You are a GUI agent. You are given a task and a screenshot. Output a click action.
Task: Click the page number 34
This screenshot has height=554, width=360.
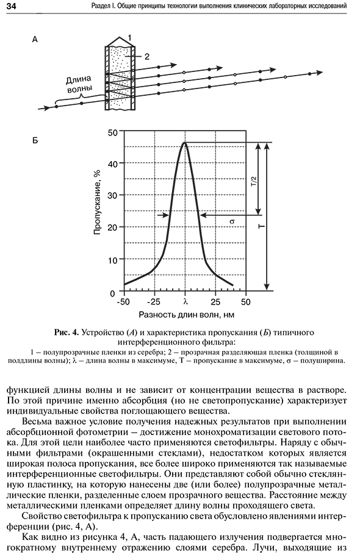pyautogui.click(x=8, y=5)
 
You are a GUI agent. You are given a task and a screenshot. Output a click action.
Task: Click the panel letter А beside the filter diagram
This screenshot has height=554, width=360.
pyautogui.click(x=35, y=40)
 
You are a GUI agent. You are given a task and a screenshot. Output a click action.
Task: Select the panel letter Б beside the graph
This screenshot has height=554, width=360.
pyautogui.click(x=35, y=140)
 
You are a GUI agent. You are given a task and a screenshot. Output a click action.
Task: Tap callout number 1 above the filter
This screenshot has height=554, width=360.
pyautogui.click(x=129, y=37)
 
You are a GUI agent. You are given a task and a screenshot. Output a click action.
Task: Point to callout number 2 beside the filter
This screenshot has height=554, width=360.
pyautogui.click(x=147, y=57)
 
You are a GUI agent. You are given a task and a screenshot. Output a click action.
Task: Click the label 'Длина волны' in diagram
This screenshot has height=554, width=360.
pyautogui.click(x=79, y=83)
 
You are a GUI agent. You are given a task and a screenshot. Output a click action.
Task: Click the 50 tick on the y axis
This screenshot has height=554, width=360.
pyautogui.click(x=112, y=132)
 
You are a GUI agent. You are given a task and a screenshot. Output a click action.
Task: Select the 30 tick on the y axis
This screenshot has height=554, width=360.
pyautogui.click(x=112, y=195)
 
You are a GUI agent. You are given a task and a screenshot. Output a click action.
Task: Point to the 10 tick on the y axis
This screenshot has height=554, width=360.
pyautogui.click(x=112, y=261)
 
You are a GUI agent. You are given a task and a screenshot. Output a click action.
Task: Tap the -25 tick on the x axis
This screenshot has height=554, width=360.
pyautogui.click(x=153, y=302)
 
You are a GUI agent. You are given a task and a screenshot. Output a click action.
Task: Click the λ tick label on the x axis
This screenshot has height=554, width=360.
pyautogui.click(x=185, y=302)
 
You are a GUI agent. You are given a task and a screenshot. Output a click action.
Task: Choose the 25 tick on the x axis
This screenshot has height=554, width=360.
pyautogui.click(x=215, y=302)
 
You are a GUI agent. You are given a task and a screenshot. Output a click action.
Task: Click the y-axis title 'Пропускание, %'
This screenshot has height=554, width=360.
pyautogui.click(x=97, y=203)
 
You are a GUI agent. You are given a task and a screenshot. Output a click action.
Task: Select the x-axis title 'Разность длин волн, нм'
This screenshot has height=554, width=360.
pyautogui.click(x=187, y=314)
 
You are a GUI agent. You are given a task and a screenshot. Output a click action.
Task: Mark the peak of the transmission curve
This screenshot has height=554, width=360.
pyautogui.click(x=185, y=142)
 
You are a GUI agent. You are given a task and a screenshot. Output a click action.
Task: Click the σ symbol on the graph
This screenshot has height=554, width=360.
pyautogui.click(x=232, y=222)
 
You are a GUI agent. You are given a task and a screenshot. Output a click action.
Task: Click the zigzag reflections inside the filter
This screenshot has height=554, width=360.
pyautogui.click(x=120, y=85)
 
